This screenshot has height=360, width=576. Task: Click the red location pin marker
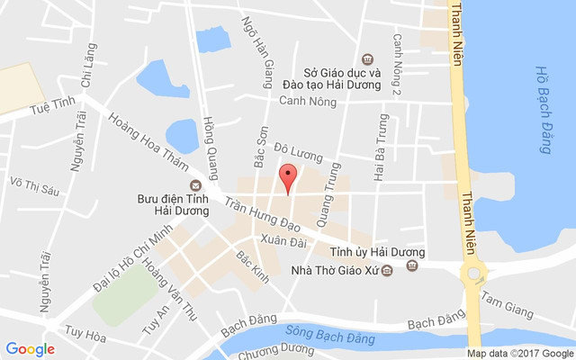288,178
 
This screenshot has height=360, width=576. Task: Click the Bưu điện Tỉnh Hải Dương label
172,203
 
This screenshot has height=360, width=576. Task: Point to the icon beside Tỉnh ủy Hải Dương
413,265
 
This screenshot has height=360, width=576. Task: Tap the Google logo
30,348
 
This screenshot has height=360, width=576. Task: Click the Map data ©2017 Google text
520,354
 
